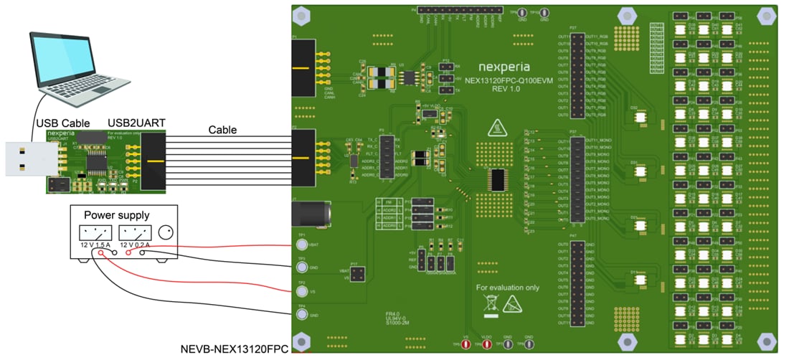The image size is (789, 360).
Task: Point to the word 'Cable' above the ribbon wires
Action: click(x=223, y=130)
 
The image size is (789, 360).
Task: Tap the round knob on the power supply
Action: click(x=166, y=232)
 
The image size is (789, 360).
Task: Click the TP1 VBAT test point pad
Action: click(x=302, y=245)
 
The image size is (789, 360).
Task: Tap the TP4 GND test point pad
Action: click(x=302, y=316)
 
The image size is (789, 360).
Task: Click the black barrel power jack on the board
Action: click(x=310, y=214)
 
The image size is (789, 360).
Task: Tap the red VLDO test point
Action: click(x=486, y=345)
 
